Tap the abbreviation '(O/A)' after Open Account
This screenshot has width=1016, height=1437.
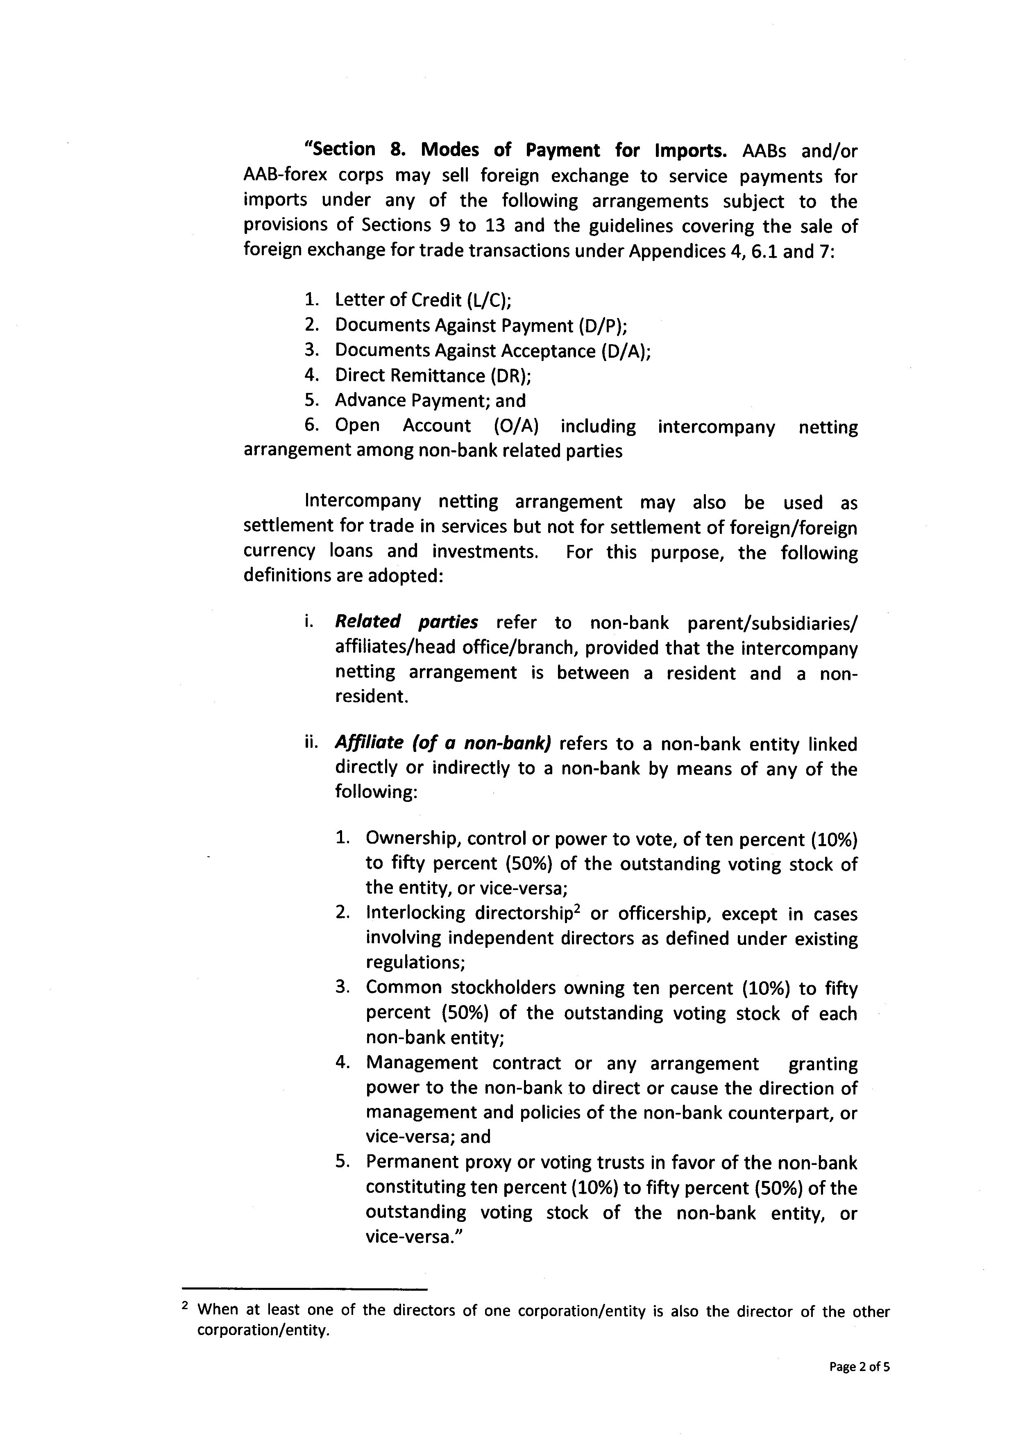pyautogui.click(x=515, y=426)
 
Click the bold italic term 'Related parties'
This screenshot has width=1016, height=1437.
pyautogui.click(x=407, y=622)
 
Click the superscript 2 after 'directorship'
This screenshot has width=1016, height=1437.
pyautogui.click(x=578, y=909)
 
